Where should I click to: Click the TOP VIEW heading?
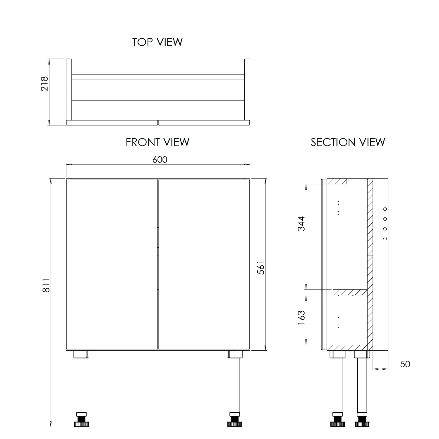[x=157, y=42]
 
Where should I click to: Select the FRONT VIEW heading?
[x=157, y=142]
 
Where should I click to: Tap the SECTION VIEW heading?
[x=348, y=142]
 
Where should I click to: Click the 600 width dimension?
[x=160, y=160]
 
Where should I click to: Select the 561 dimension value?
[x=261, y=267]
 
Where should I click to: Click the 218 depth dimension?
[x=44, y=84]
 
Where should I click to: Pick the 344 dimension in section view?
[x=301, y=224]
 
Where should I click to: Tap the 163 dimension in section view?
[x=301, y=317]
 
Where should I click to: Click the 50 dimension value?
[x=405, y=364]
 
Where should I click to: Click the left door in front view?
[x=112, y=264]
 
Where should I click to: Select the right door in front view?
[x=204, y=264]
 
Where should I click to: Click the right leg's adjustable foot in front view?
[x=234, y=423]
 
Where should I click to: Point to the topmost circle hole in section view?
[x=385, y=209]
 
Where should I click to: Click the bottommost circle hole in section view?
[x=385, y=239]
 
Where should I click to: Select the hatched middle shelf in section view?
[x=350, y=292]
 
